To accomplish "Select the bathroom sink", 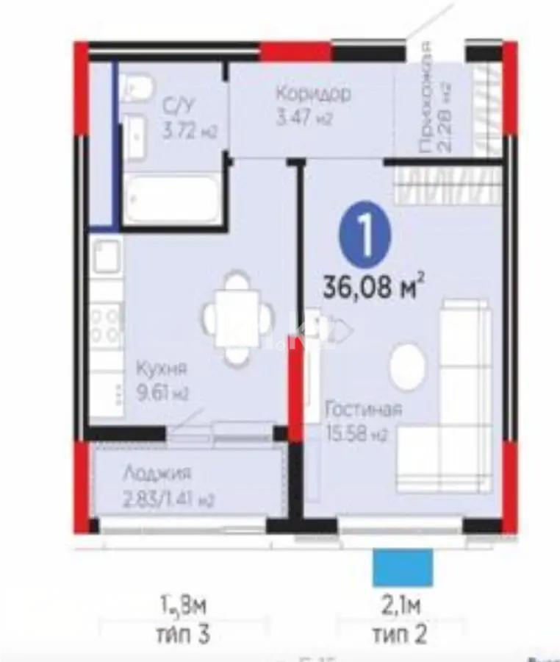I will (x=137, y=135).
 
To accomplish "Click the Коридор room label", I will (x=314, y=94).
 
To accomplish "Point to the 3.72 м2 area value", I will (x=190, y=132).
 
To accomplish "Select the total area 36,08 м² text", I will (x=375, y=285).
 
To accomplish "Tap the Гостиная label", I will (x=365, y=410).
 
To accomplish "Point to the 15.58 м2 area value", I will (x=356, y=434).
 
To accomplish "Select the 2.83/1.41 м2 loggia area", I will (x=168, y=501).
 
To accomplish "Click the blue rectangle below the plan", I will (x=401, y=567).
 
